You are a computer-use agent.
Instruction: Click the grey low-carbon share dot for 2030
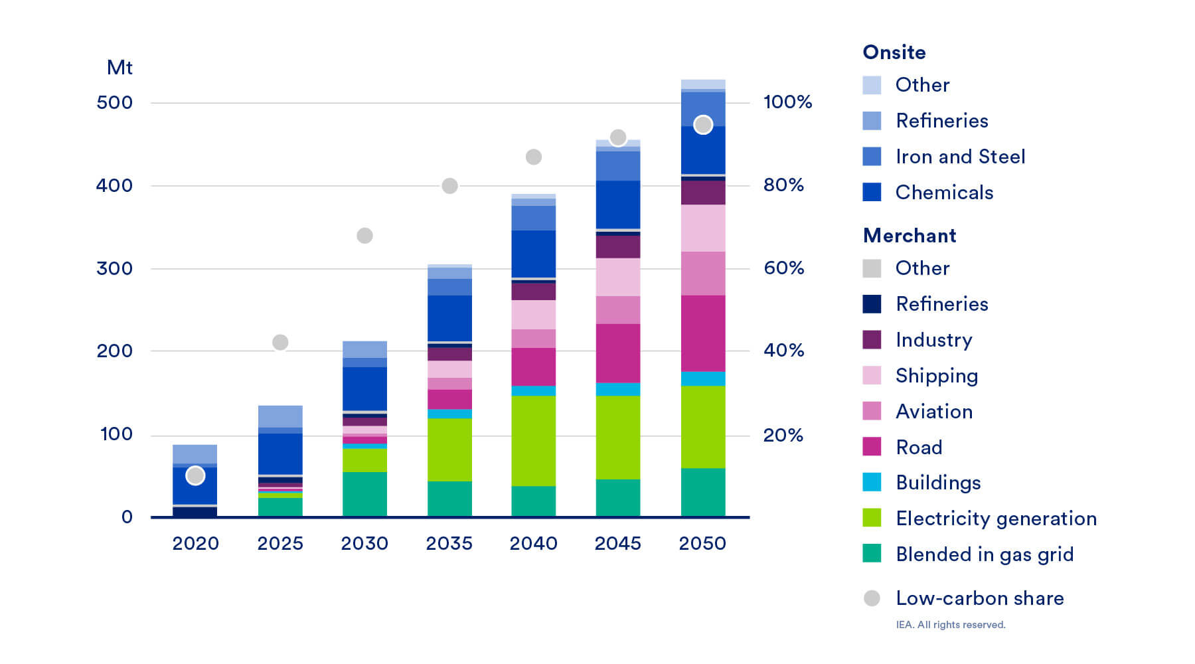click(x=364, y=236)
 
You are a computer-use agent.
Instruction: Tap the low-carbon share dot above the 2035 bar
click(x=449, y=186)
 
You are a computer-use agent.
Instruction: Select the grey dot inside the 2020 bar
click(x=195, y=475)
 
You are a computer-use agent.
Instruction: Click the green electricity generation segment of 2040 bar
click(x=533, y=441)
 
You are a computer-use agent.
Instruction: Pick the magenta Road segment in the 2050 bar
click(x=702, y=333)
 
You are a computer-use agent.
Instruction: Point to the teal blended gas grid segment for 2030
click(x=364, y=494)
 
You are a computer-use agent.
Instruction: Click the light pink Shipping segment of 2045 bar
click(x=617, y=277)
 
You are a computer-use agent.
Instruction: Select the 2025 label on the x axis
click(x=280, y=543)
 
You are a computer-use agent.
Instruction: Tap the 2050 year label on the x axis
click(x=702, y=543)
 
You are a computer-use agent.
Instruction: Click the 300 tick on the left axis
click(x=114, y=268)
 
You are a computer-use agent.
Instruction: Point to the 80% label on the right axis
click(x=783, y=185)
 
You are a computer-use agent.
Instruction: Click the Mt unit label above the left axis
click(x=119, y=68)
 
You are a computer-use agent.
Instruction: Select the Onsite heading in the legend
click(x=894, y=52)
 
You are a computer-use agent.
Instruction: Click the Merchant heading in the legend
click(x=910, y=236)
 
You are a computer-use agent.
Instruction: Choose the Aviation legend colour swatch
click(x=872, y=411)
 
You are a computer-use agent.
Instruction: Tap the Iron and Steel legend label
click(x=960, y=157)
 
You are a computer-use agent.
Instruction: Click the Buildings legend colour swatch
click(x=872, y=482)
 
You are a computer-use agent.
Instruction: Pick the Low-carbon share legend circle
click(x=872, y=598)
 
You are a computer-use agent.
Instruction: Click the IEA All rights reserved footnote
click(x=950, y=625)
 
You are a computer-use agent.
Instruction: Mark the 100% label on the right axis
click(x=787, y=102)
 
